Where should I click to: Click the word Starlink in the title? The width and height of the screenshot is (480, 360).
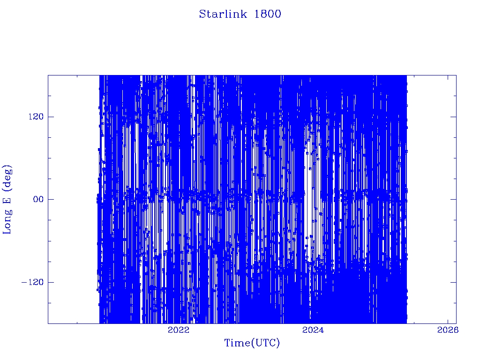(223, 14)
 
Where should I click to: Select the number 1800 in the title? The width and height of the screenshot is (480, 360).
(268, 14)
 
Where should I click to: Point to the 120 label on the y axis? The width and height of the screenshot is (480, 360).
(36, 117)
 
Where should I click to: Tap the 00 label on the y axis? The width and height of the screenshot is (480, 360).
(38, 199)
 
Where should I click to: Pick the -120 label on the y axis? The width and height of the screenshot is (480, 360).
(32, 282)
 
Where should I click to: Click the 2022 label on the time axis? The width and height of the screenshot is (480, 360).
(179, 330)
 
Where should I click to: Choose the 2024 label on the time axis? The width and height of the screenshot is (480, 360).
(313, 330)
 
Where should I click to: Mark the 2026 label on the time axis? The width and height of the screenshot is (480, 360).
(448, 330)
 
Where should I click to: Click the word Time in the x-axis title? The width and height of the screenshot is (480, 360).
(238, 343)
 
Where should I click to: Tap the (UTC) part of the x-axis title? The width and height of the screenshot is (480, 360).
(265, 343)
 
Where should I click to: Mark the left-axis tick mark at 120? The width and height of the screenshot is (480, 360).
(51, 117)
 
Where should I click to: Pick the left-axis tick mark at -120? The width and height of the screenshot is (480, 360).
(51, 282)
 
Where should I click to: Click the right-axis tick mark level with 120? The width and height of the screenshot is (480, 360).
(453, 117)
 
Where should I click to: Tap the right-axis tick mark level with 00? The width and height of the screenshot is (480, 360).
(453, 199)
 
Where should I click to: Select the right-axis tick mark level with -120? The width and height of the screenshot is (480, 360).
(453, 282)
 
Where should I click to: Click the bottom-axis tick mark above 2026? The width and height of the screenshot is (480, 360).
(448, 321)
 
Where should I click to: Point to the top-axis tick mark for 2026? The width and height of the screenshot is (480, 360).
(448, 78)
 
